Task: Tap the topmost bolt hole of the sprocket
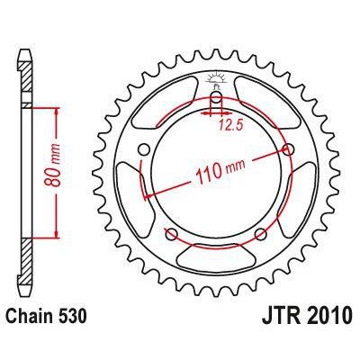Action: (216, 98)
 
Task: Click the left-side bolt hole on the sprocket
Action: (144, 150)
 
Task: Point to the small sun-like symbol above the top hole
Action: (216, 78)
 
